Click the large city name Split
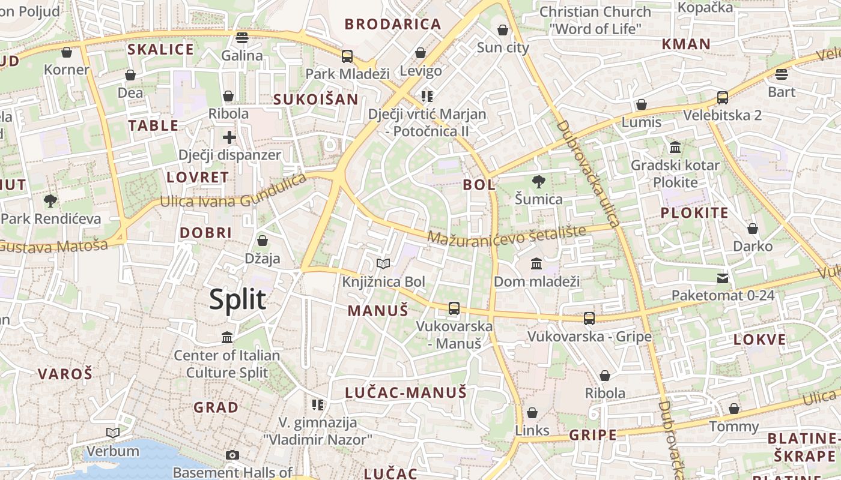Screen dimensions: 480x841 [237, 299]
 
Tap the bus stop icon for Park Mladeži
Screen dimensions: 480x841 [347, 56]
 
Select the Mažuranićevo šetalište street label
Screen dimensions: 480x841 [506, 236]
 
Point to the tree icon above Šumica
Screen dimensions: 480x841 [539, 181]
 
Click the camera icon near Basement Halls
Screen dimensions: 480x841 [232, 455]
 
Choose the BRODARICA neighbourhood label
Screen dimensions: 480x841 [393, 25]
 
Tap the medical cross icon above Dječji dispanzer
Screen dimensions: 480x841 [229, 137]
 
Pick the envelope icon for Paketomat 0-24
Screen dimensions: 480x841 [723, 278]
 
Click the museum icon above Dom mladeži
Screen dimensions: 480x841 [536, 263]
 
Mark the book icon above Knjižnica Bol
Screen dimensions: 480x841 [383, 263]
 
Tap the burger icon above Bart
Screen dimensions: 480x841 [781, 74]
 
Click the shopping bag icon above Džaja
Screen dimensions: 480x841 [262, 241]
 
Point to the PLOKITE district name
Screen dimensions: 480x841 [694, 213]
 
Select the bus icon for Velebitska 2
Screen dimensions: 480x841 [722, 97]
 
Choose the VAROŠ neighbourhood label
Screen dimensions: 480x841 [65, 374]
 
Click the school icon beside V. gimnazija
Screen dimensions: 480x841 [317, 404]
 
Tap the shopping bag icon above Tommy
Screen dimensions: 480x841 [733, 409]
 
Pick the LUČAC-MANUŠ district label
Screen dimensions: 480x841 [405, 393]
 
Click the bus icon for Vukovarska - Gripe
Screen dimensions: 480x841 [589, 318]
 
